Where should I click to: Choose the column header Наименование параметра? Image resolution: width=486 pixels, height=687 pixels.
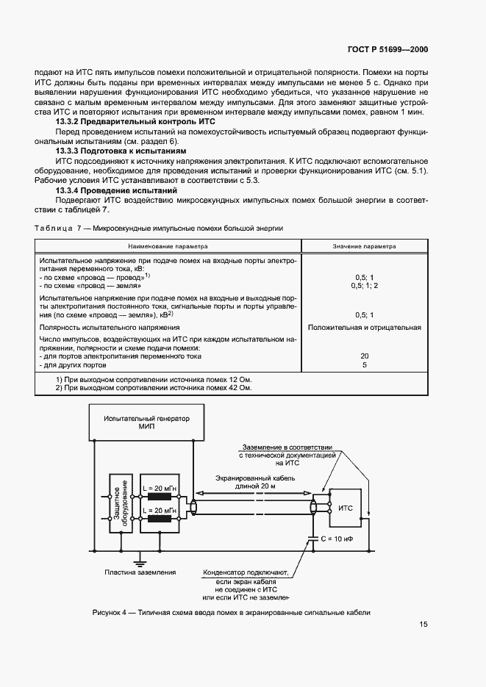[x=168, y=247]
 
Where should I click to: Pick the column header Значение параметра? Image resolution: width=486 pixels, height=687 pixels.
[x=364, y=247]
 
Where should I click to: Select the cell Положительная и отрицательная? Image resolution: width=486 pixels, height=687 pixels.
[x=364, y=327]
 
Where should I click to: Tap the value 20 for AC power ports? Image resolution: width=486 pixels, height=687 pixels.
[x=364, y=356]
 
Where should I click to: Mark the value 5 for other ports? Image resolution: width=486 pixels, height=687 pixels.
[x=364, y=364]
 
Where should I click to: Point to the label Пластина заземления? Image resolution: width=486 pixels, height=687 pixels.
[x=140, y=572]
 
